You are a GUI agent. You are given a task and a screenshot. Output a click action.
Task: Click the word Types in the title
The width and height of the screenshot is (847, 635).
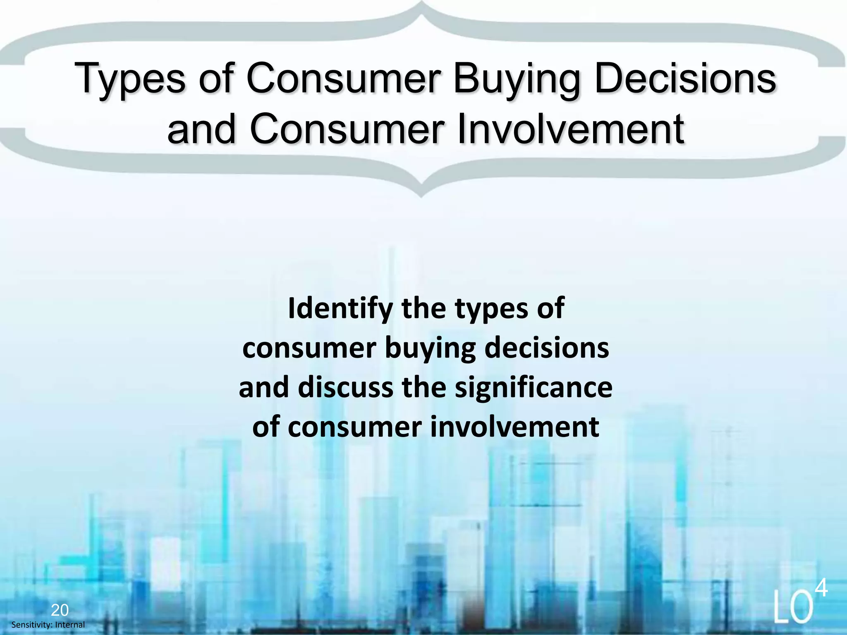click(130, 80)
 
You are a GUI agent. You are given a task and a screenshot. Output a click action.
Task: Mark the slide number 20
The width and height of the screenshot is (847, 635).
click(60, 610)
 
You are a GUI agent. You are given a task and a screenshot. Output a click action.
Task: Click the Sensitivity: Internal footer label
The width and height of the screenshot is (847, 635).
click(48, 625)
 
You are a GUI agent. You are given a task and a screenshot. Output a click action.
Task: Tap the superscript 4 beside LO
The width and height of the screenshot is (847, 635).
click(822, 589)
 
